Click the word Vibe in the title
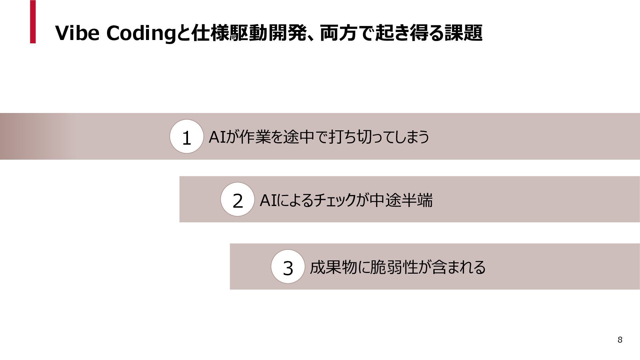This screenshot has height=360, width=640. [x=77, y=33]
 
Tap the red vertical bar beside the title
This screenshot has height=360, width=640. [x=33, y=22]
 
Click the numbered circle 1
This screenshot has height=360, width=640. [x=187, y=137]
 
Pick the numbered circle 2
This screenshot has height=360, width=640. [x=238, y=200]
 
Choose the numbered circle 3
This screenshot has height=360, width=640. [x=288, y=267]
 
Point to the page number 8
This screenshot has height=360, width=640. [x=620, y=340]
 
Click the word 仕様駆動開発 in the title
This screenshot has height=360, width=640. [x=249, y=33]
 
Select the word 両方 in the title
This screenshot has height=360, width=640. [x=339, y=33]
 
